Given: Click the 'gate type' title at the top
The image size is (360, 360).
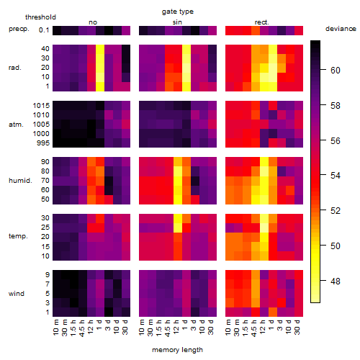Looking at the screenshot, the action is coord(178,12).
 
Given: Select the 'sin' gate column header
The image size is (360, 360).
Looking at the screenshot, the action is coord(177,22).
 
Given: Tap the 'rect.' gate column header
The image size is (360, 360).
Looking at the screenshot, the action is coord(261,22).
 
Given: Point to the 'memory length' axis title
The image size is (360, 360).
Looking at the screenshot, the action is coord(177,350).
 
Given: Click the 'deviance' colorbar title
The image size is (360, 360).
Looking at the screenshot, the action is coord(341,29).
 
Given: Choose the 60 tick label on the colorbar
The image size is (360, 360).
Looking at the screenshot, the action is coord(336,71).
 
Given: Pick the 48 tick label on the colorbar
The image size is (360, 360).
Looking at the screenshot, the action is coord(336,281).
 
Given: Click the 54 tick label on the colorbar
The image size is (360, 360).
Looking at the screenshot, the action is coord(336,176).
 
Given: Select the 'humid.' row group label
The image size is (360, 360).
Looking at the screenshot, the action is coord(20,181).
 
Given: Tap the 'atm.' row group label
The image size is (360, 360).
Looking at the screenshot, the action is coord(16,125).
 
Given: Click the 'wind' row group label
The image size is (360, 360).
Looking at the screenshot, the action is coord(17,294).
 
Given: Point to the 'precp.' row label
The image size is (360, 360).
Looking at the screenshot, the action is coord(19,29).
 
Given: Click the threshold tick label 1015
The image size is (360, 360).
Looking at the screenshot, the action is coord(41,106).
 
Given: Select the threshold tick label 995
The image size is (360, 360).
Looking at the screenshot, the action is coord(43,143).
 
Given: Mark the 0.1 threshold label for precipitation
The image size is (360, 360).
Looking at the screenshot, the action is coord(44,30).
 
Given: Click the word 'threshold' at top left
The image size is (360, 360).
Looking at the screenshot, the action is coord(40,17).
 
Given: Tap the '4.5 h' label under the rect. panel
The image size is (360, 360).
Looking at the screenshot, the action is coord(253,328).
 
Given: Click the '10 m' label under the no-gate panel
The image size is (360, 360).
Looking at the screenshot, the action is coord(55,327).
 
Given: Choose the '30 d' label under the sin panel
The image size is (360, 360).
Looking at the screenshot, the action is coord(211,327).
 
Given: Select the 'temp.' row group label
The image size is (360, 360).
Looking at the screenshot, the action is coord(18,236).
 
